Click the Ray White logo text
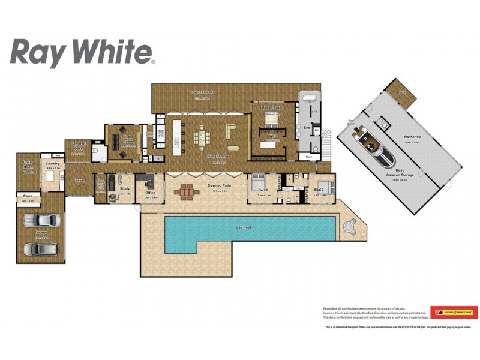point(83,52)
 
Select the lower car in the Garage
point(40,248)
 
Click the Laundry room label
point(52,163)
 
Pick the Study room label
point(125,188)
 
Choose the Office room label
point(150,193)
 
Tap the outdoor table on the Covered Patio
point(187,193)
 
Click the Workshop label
point(412,137)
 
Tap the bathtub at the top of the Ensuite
point(310,98)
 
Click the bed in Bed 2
point(258,181)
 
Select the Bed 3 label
point(319,190)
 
